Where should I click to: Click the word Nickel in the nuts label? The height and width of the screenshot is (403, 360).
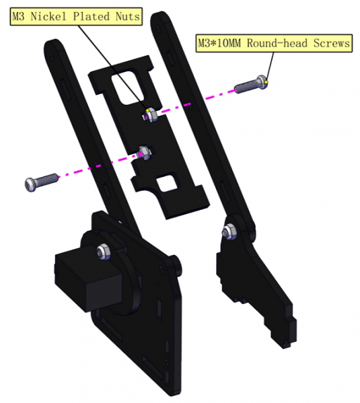[48, 16]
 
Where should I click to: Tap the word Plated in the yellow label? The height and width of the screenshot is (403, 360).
[92, 16]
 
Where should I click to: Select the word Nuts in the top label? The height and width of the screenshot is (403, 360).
[128, 16]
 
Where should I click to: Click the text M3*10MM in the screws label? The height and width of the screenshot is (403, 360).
[219, 43]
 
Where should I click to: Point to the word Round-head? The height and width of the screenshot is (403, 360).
[277, 43]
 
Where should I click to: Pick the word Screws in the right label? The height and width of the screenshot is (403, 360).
[332, 43]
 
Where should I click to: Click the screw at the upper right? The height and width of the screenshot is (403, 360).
[251, 84]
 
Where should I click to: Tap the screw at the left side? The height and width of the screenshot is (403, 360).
[42, 182]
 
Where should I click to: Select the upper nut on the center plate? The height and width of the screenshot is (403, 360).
[151, 115]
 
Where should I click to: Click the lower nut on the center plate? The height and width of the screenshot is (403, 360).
[145, 153]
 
